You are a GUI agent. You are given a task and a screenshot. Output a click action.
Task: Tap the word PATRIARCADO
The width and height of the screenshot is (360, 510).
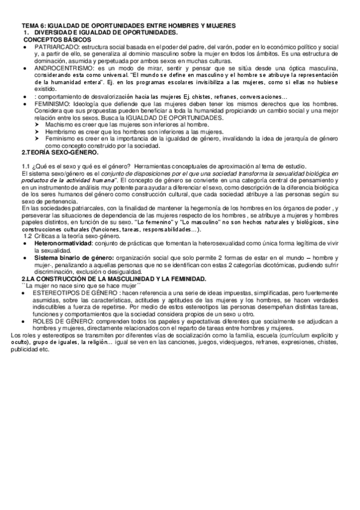pyautogui.click(x=56, y=46)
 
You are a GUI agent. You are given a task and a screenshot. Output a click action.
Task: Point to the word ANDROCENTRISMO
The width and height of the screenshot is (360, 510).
pyautogui.click(x=62, y=69)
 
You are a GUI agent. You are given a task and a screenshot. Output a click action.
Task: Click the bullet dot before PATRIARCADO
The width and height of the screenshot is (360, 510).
pyautogui.click(x=23, y=46)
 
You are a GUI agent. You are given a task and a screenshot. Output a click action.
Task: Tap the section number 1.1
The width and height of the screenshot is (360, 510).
pyautogui.click(x=25, y=167)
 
